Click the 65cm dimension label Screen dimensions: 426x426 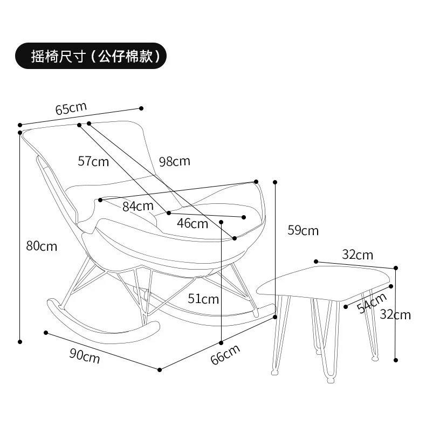[71, 108]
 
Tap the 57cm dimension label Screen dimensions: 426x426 [93, 161]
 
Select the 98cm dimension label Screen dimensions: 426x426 [174, 161]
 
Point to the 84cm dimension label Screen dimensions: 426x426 [138, 206]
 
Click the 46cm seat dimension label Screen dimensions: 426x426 [193, 224]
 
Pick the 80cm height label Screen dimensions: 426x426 [42, 246]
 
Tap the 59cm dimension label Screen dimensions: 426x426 [303, 231]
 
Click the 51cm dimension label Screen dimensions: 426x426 [203, 299]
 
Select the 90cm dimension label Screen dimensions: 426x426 [85, 356]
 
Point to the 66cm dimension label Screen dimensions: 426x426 [225, 354]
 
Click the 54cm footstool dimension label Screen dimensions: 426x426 [372, 303]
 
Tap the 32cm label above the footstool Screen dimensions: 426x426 [358, 255]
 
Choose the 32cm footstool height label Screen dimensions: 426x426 [395, 315]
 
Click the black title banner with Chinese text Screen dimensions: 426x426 [91, 56]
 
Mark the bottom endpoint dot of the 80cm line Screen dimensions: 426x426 [20, 342]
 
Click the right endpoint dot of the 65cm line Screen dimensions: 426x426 [141, 108]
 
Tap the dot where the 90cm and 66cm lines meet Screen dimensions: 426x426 [160, 370]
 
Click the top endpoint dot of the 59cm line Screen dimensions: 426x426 [275, 182]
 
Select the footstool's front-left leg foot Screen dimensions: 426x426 [274, 372]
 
